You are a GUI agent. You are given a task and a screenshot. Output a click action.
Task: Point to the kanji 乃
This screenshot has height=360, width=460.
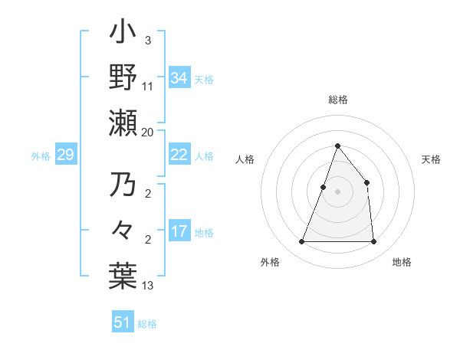click(x=123, y=186)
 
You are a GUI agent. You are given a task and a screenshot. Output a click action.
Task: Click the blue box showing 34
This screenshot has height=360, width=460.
click(x=179, y=77)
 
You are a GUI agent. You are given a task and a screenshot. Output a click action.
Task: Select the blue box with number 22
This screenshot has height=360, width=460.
click(x=179, y=155)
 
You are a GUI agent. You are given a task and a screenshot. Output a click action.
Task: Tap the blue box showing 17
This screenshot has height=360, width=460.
click(x=179, y=231)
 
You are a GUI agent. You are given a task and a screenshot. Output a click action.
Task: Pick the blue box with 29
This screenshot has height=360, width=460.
click(x=65, y=155)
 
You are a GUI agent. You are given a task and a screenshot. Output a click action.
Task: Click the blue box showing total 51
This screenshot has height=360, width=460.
click(x=122, y=322)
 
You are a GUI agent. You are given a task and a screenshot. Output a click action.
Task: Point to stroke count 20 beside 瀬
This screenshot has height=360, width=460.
click(x=147, y=133)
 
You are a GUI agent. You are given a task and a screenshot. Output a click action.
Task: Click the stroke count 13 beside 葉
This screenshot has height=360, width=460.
click(x=147, y=286)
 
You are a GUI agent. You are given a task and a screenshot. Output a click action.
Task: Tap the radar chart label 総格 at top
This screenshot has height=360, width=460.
click(x=337, y=100)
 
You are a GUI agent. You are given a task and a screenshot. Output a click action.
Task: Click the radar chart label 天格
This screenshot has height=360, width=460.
click(x=432, y=159)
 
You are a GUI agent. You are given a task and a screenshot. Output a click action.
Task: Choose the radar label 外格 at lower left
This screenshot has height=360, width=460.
click(x=270, y=263)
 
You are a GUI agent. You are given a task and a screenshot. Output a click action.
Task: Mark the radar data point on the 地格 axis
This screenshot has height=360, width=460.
click(x=373, y=242)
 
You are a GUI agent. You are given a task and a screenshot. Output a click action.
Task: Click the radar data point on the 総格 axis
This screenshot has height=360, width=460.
click(x=337, y=146)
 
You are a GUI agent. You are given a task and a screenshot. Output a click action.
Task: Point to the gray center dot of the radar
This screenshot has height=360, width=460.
click(x=337, y=191)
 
